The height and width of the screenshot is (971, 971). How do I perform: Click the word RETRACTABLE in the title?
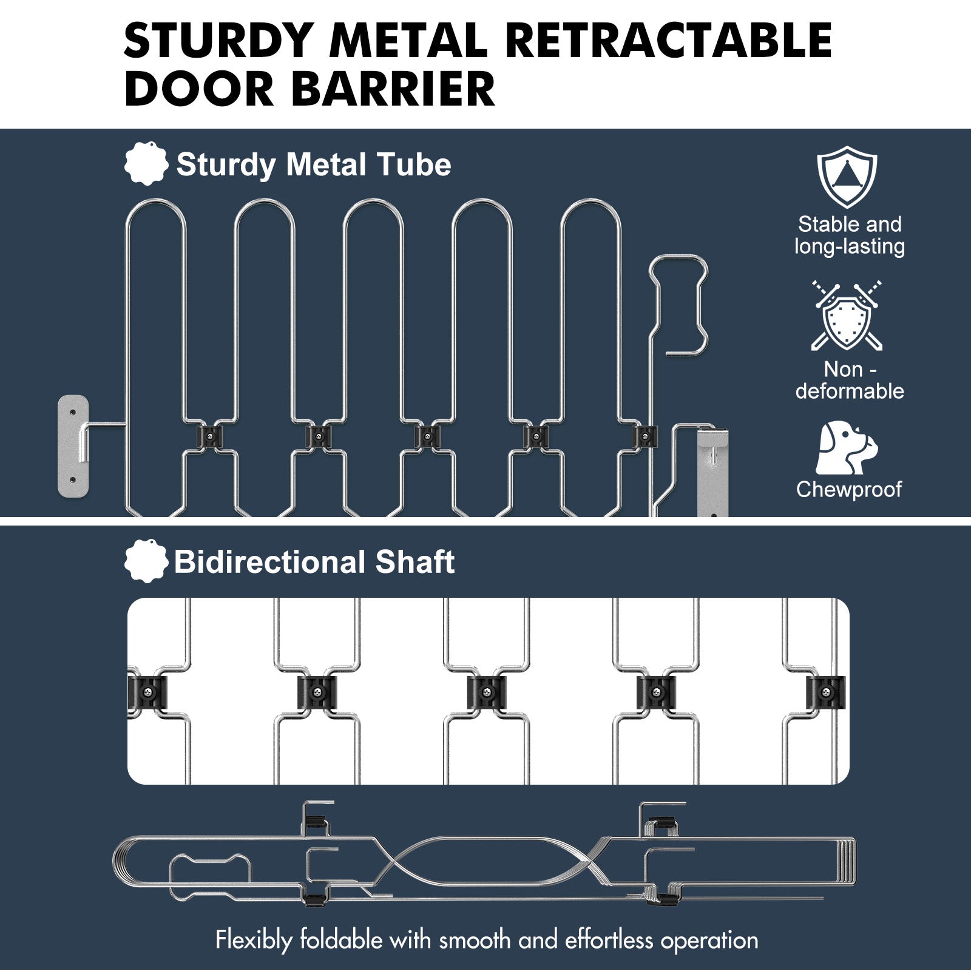[668, 40]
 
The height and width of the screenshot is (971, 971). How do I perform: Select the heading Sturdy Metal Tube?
[313, 164]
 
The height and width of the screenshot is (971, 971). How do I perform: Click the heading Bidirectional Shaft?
[314, 562]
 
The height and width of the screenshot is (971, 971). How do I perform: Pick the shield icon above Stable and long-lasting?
[847, 177]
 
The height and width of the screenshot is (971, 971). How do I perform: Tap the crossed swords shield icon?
[847, 316]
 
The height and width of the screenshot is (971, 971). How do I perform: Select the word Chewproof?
[849, 489]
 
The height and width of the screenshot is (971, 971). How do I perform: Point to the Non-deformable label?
[850, 380]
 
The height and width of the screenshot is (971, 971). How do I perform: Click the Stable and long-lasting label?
[850, 235]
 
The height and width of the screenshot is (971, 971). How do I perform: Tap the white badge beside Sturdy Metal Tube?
[146, 163]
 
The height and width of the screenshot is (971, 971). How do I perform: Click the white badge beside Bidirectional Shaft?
[146, 561]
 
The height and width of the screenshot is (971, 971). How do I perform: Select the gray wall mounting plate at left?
[73, 446]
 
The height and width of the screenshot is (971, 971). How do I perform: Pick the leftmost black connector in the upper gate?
[210, 436]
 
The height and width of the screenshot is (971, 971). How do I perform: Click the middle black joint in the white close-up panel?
[486, 692]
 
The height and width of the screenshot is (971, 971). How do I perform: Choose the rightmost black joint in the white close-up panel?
[825, 692]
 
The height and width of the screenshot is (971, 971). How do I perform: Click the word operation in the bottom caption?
[709, 940]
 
